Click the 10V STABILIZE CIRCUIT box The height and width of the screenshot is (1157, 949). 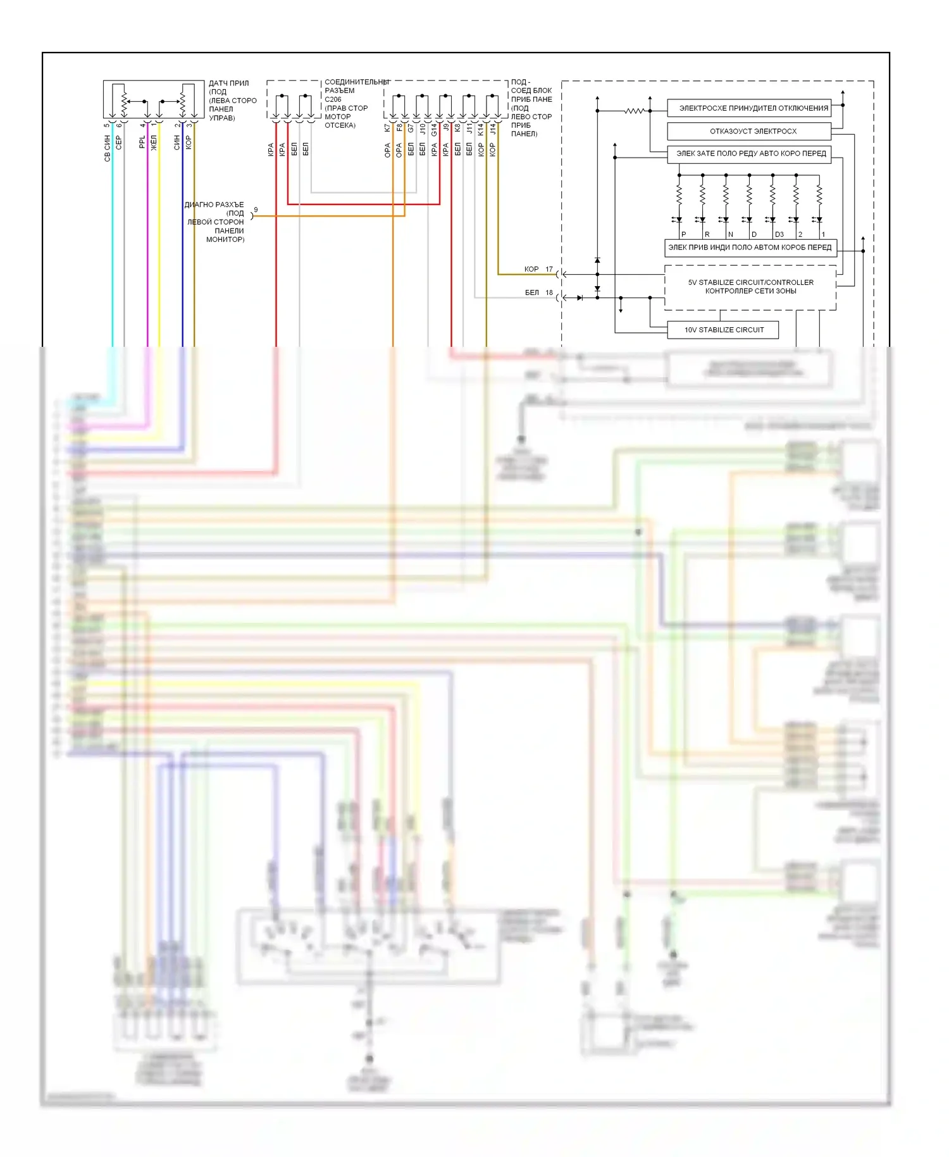coord(723,330)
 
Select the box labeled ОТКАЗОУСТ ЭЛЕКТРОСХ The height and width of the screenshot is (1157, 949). coord(749,131)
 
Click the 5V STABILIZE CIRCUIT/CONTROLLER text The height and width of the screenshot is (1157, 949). coord(750,282)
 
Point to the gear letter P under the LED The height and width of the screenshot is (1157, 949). coord(683,234)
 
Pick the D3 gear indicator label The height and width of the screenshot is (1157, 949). coord(779,234)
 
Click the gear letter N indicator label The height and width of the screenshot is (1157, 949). coord(730,234)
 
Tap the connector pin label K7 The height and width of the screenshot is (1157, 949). coord(387,127)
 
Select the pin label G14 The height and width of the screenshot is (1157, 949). coord(434,130)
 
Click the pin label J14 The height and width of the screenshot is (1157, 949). coord(492,130)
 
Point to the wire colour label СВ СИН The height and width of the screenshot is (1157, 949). coord(107,148)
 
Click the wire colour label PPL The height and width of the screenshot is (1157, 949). coord(142,142)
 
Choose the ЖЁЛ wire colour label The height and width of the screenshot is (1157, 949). coord(154,143)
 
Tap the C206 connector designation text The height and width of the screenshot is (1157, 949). coord(333,99)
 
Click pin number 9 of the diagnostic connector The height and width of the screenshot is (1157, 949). coord(256,210)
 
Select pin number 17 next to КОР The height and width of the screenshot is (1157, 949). coord(549,269)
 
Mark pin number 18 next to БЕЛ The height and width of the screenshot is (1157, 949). coord(549,292)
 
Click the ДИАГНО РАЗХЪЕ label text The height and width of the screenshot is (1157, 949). coord(214,205)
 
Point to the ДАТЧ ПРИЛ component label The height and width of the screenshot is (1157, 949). coord(228,84)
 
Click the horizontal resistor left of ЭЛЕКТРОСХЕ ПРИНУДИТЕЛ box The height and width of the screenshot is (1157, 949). coord(634,111)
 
